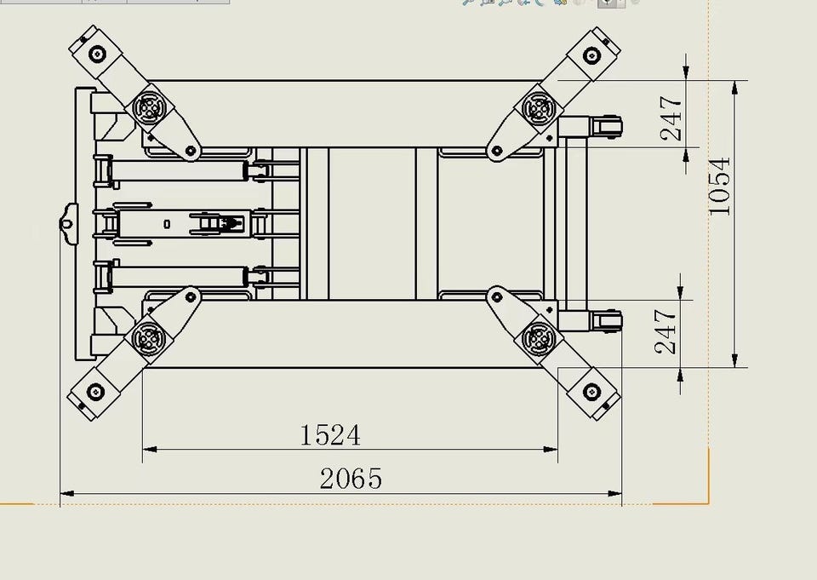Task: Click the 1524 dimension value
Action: [330, 434]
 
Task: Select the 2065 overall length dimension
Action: [351, 479]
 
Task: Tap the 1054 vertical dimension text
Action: [720, 187]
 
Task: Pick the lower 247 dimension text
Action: [666, 331]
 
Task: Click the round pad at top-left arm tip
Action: [97, 54]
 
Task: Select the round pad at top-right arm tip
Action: [591, 55]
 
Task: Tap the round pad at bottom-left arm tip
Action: [95, 391]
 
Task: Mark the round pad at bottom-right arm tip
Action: [591, 391]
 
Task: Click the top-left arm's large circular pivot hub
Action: [150, 108]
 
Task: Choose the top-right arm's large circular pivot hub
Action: [538, 108]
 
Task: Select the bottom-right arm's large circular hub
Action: [538, 338]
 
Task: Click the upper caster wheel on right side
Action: [607, 127]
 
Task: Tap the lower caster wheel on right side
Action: [607, 321]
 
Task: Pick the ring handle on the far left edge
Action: [66, 224]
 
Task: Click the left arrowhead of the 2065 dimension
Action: [67, 493]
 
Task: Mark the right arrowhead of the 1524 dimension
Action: [551, 449]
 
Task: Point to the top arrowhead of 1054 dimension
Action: [734, 88]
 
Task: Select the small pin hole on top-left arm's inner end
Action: [191, 151]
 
